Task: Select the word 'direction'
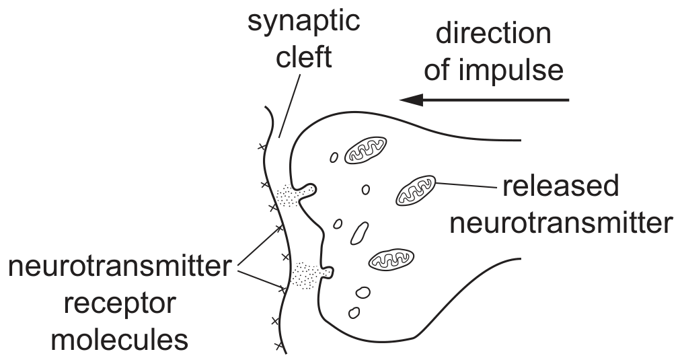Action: [x=493, y=33]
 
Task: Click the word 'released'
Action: [x=560, y=186]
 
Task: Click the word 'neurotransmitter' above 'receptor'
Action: [x=120, y=266]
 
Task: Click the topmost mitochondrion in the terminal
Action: [x=365, y=150]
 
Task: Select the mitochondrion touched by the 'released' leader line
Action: [x=416, y=190]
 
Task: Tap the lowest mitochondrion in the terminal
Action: [x=390, y=259]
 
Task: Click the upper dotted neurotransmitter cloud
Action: [x=288, y=194]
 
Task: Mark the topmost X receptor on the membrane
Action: [x=261, y=147]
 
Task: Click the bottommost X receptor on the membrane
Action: [x=278, y=346]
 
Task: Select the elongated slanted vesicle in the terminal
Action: [x=359, y=233]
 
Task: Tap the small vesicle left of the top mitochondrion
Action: [x=334, y=157]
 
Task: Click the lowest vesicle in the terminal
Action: [x=354, y=313]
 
